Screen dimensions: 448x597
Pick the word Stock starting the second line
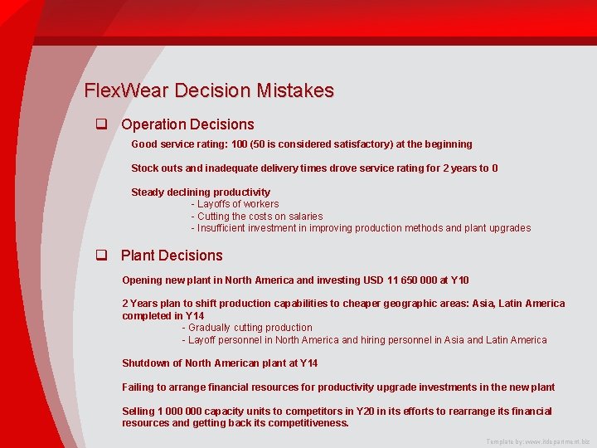(x=145, y=168)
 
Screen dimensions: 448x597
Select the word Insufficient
(x=224, y=228)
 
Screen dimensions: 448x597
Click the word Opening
(x=142, y=280)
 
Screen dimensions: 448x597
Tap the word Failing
(x=138, y=387)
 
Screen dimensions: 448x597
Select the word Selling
(x=138, y=411)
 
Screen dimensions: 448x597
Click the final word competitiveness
(x=303, y=423)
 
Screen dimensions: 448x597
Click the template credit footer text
(x=538, y=442)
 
